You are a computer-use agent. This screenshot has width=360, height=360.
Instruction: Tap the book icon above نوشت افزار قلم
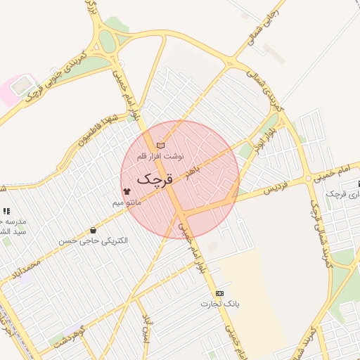click(x=160, y=146)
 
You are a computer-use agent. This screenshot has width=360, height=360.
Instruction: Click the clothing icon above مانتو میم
click(x=127, y=191)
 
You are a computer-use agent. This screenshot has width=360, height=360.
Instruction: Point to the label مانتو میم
click(x=127, y=202)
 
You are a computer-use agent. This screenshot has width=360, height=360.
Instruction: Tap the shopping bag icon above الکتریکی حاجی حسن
click(x=94, y=231)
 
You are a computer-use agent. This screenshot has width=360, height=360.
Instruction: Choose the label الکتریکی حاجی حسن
click(x=94, y=241)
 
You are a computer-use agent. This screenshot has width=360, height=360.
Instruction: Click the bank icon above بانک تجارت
click(x=220, y=293)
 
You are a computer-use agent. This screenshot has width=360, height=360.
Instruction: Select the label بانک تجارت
click(x=220, y=304)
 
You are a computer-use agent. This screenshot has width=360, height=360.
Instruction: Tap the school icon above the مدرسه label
click(x=6, y=211)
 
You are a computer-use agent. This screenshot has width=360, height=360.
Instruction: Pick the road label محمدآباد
click(x=27, y=267)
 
